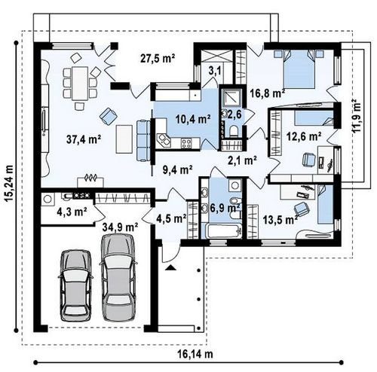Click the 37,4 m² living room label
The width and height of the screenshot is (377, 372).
pos(84,139)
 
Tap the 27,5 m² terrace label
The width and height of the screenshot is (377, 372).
pos(158,58)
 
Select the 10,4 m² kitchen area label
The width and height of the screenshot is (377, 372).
pos(193,119)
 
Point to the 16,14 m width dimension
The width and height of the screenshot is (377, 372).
pos(195,355)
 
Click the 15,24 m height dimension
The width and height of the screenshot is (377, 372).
pos(9,183)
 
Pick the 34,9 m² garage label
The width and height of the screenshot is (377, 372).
pos(120,227)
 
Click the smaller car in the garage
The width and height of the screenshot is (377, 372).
pos(75,285)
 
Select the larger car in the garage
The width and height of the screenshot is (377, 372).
pos(118,278)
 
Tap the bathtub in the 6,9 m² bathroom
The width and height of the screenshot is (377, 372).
pos(224,230)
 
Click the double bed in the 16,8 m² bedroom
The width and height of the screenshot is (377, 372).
pos(299,69)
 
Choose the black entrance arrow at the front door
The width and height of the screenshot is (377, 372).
pos(171,267)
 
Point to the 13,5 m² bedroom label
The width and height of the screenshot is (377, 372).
pos(280,220)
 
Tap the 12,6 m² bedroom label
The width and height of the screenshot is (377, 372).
pos(304,137)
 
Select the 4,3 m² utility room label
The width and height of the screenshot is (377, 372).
pos(72,212)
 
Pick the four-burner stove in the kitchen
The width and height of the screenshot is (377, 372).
pos(186,143)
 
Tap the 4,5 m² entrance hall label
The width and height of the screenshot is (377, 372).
pos(171,218)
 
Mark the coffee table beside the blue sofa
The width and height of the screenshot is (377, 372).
pos(124,139)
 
